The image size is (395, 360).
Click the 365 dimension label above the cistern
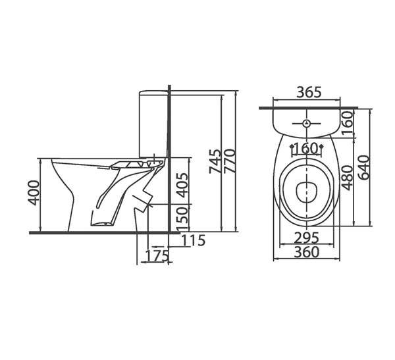[309, 92]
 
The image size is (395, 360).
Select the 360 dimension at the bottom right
[307, 252]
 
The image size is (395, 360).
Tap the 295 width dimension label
[307, 238]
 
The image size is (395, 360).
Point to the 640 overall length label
[363, 168]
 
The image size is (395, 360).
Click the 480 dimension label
[348, 178]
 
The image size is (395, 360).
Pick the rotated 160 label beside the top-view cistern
[348, 123]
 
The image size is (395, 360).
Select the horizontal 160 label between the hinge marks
[306, 149]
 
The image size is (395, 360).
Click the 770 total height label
[230, 161]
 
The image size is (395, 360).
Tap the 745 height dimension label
[215, 161]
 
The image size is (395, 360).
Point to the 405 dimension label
[182, 185]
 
